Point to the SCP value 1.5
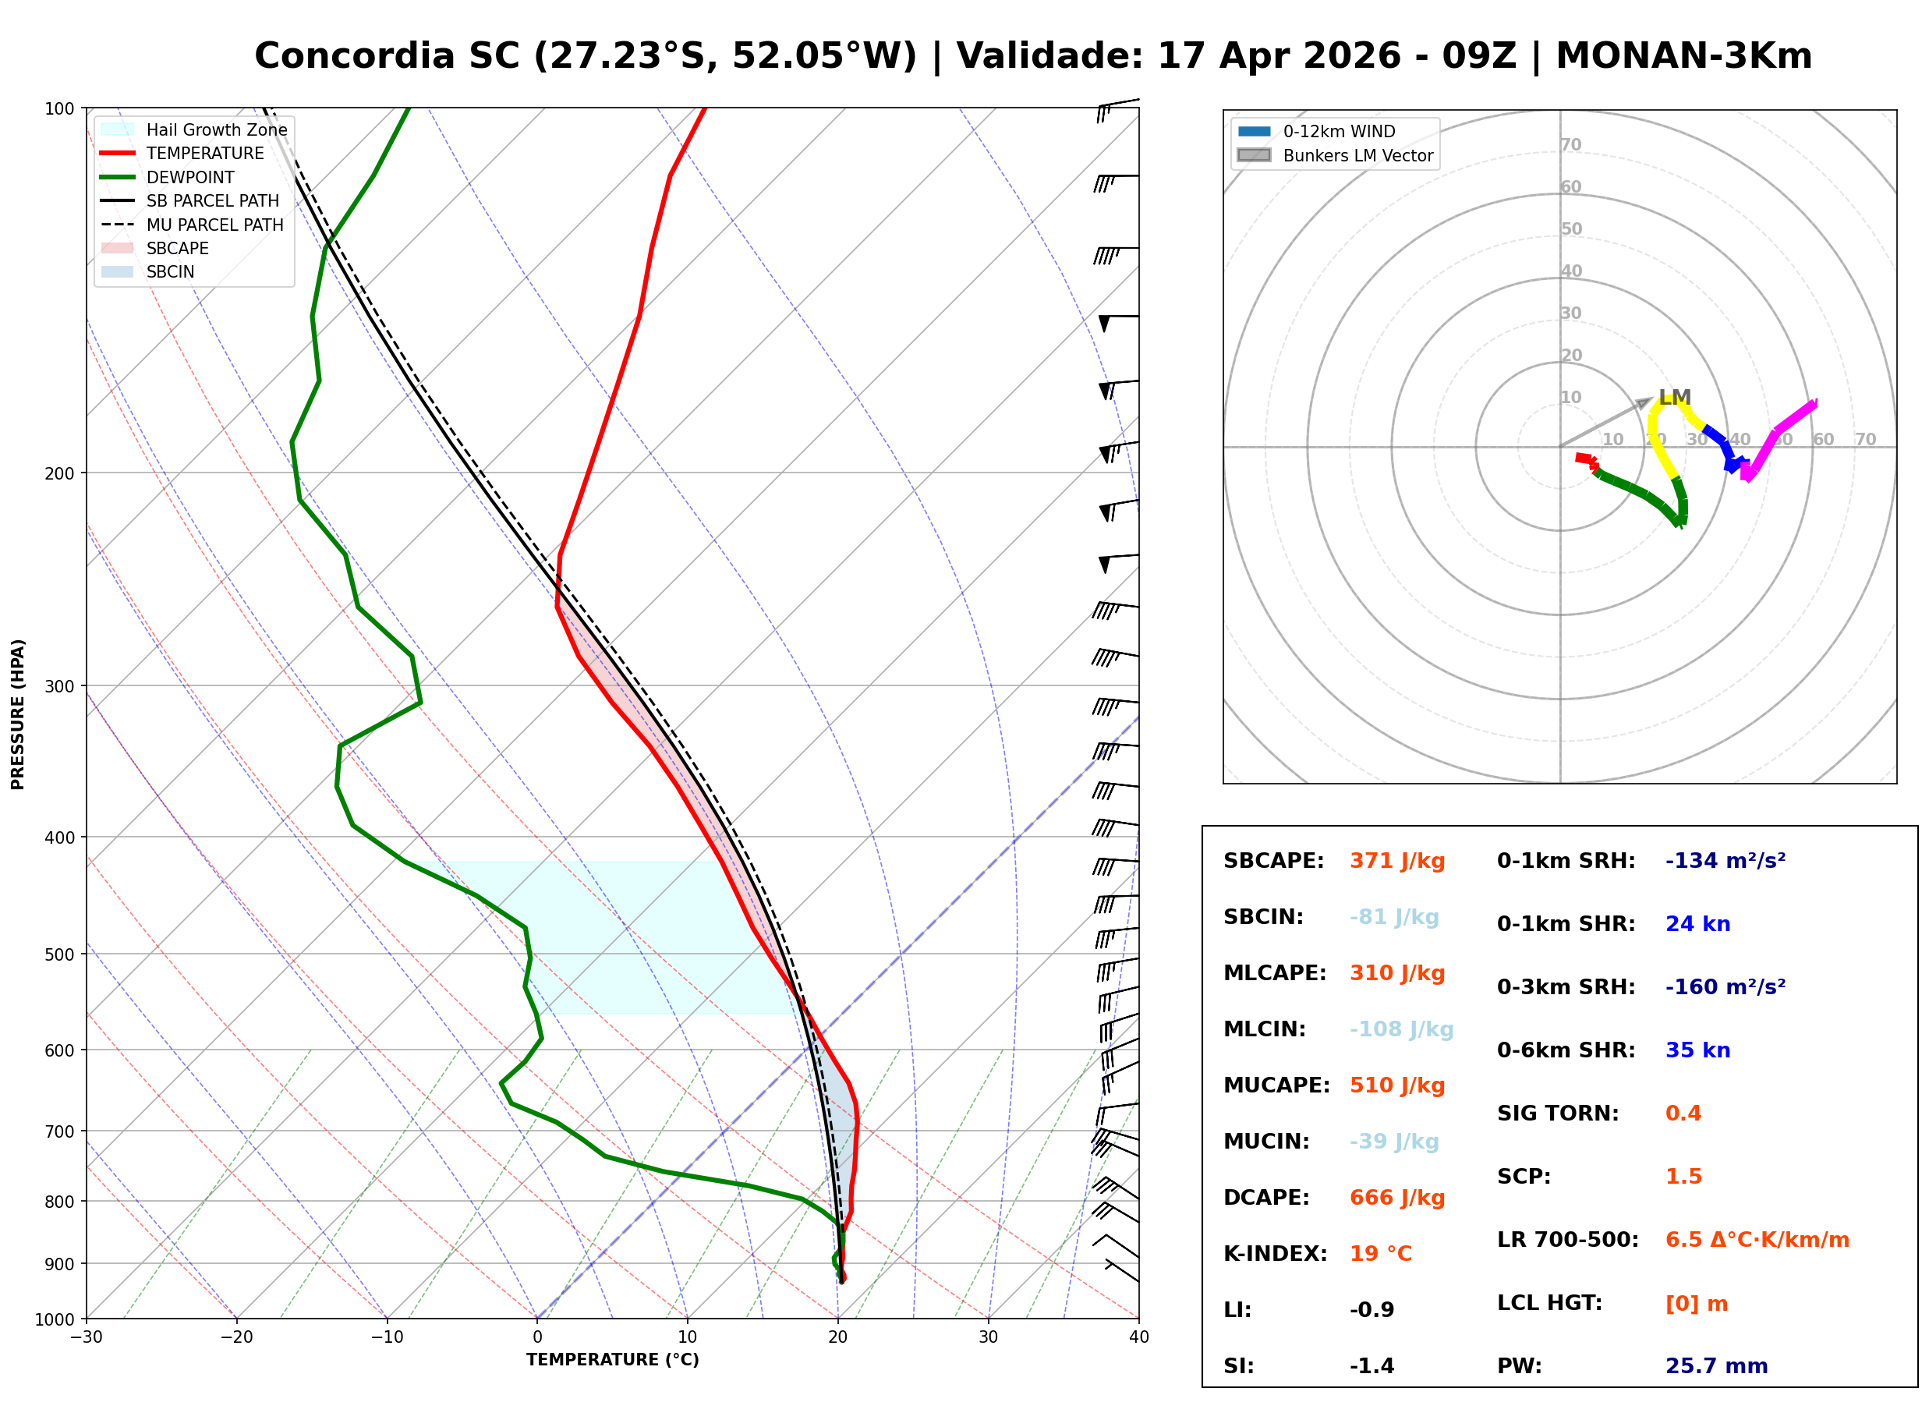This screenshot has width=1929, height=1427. [1683, 1177]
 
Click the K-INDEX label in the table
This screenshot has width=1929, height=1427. [1276, 1254]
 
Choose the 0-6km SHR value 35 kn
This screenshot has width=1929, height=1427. [1697, 1051]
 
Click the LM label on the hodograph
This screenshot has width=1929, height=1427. [1675, 398]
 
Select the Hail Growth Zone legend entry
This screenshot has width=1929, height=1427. [193, 129]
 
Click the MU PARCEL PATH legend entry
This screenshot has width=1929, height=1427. [192, 225]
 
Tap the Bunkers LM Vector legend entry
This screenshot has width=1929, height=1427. [1335, 155]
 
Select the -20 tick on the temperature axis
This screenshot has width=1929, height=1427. [235, 1338]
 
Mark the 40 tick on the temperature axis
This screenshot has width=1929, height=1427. [1139, 1338]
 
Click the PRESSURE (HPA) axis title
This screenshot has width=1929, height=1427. [18, 714]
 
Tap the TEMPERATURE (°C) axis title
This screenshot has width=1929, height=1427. [613, 1361]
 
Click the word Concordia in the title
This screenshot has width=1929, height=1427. [355, 56]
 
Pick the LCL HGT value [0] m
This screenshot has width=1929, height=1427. [1697, 1305]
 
